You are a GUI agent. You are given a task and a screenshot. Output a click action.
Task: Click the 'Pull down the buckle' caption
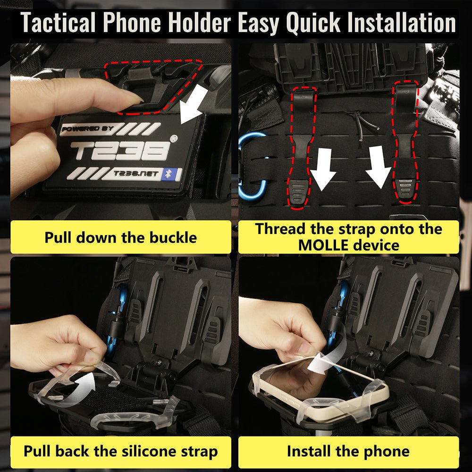pyautogui.click(x=120, y=237)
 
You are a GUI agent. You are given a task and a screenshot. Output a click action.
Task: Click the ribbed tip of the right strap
pyautogui.click(x=405, y=189)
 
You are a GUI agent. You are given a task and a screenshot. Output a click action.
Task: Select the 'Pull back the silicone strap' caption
pyautogui.click(x=120, y=452)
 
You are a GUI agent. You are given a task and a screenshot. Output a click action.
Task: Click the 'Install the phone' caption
pyautogui.click(x=348, y=452)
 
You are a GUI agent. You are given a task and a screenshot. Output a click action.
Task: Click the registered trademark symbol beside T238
pyautogui.click(x=175, y=139)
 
